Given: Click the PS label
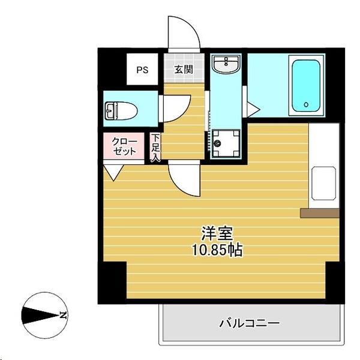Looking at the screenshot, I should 142,70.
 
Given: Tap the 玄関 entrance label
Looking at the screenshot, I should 184,70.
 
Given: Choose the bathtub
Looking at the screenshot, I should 307,85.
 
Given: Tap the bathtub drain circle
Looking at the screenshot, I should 306,104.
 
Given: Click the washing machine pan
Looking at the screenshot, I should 225,143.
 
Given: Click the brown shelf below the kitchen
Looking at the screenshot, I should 320,212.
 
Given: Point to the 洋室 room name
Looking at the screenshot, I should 217,233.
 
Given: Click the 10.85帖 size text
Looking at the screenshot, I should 217,250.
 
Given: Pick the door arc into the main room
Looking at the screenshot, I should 183,179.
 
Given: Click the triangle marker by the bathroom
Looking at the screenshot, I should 253,110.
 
